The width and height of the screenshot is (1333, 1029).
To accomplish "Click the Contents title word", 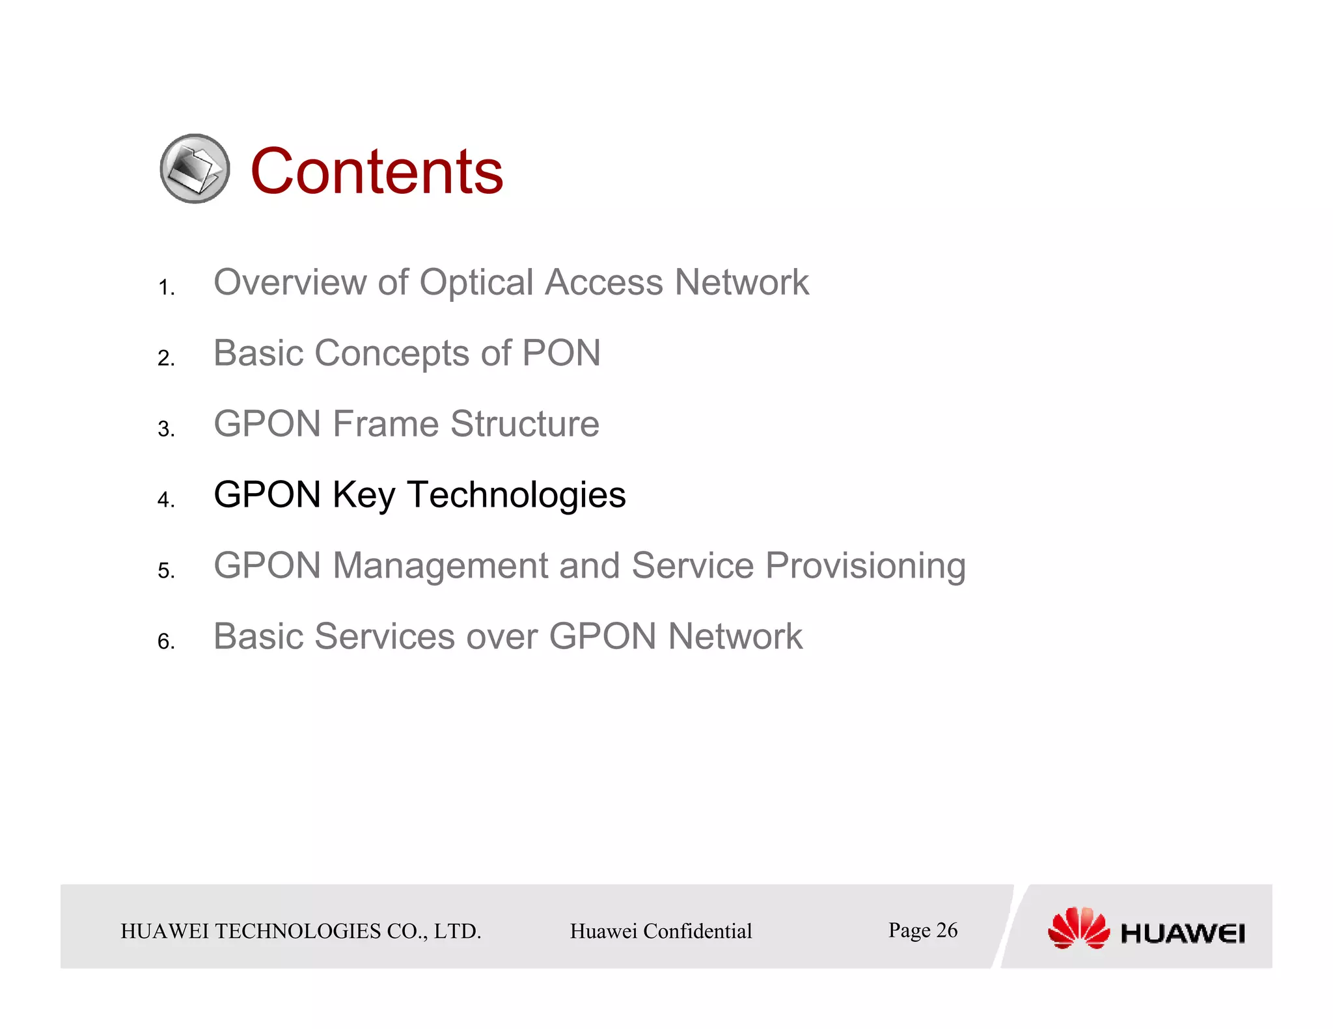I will click(x=376, y=171).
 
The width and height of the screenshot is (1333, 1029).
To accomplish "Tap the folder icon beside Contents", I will click(x=195, y=169).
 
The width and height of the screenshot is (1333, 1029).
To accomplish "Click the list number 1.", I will click(x=165, y=287).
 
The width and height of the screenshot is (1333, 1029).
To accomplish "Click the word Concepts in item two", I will click(x=392, y=354).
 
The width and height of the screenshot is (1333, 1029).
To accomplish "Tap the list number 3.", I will click(x=165, y=429).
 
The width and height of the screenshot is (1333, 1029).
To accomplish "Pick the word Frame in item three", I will click(x=385, y=424).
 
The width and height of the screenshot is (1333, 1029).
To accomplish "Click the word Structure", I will click(x=525, y=424).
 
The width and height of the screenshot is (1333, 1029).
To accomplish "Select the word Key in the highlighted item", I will click(x=363, y=496).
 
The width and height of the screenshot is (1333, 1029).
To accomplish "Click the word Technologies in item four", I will click(x=516, y=495).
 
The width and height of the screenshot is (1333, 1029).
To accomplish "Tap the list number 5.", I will click(x=165, y=571).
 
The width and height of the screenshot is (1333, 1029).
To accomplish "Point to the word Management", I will click(x=440, y=565).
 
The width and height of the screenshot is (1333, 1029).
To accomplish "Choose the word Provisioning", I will click(x=865, y=567).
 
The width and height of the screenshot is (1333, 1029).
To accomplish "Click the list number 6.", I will click(x=165, y=642).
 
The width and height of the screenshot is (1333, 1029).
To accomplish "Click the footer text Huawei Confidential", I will click(x=661, y=931).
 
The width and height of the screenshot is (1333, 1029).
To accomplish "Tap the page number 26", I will click(x=946, y=930).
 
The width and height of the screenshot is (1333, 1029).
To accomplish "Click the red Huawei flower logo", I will click(x=1078, y=928).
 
